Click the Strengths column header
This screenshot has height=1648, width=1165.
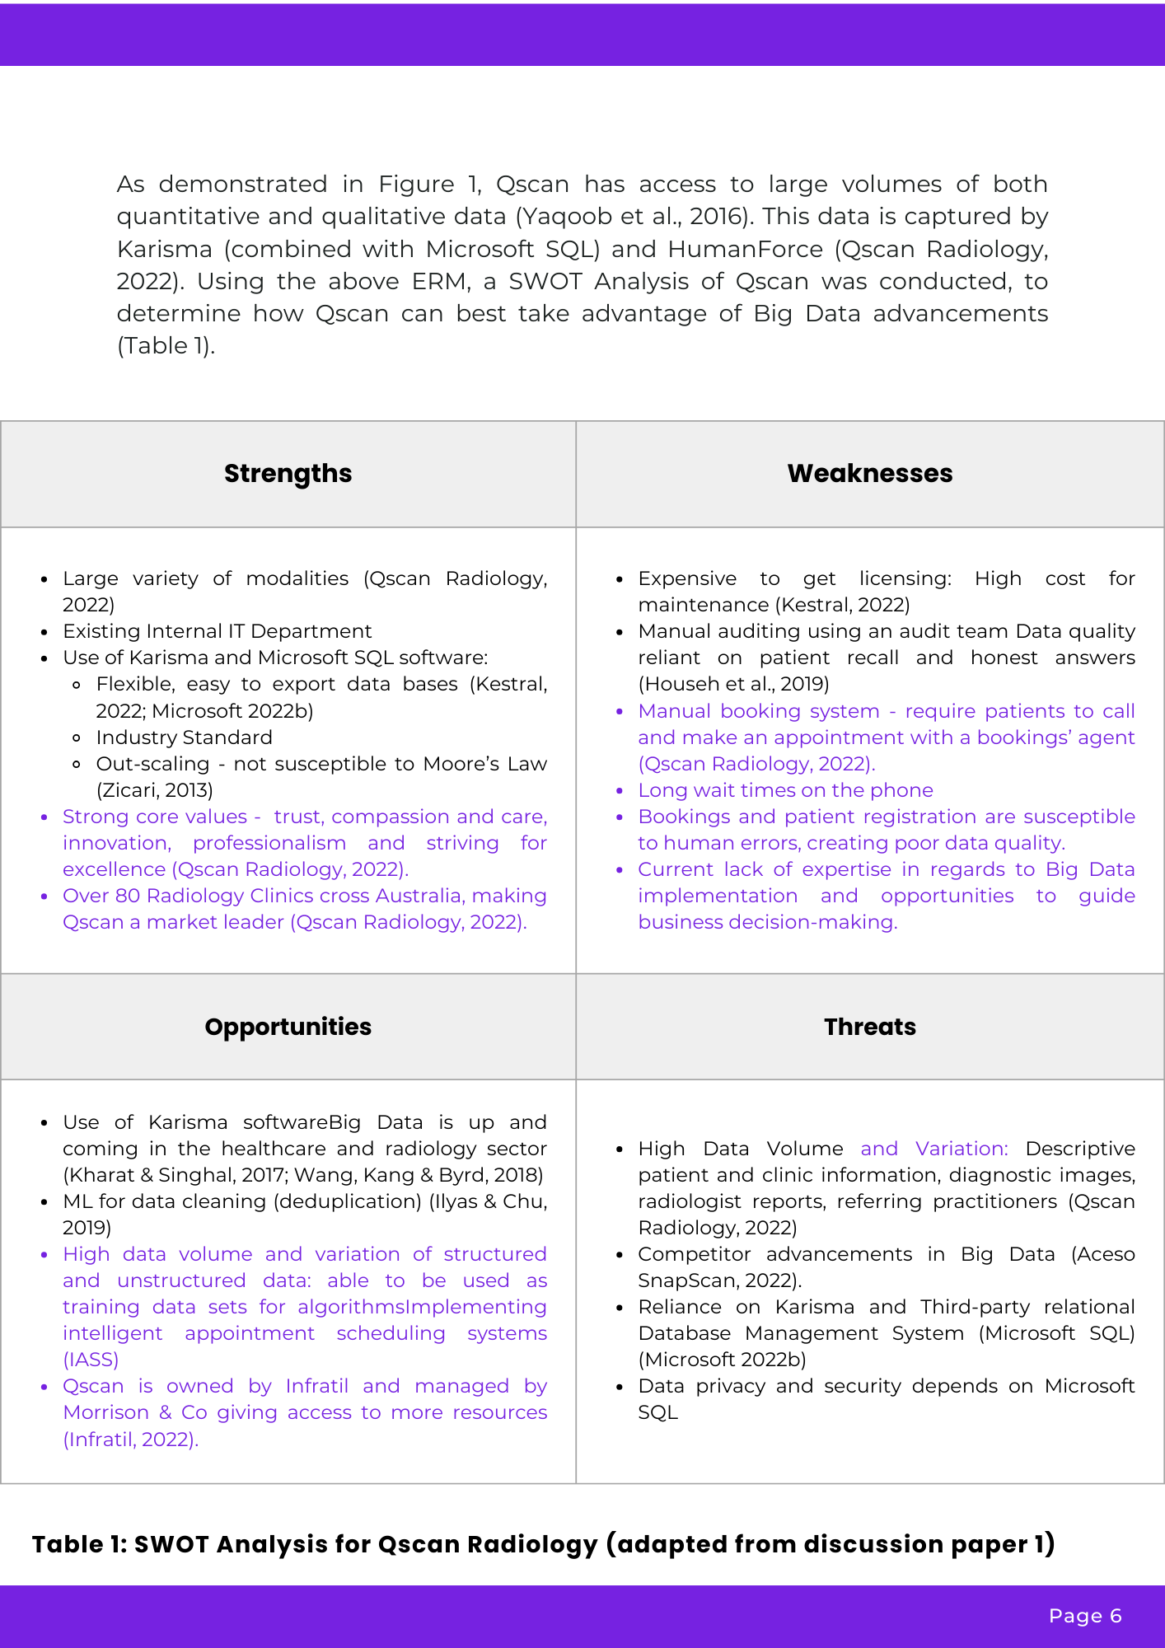[x=288, y=474]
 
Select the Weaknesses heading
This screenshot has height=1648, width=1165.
[x=869, y=474]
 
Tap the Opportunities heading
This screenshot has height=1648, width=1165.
[x=288, y=1027]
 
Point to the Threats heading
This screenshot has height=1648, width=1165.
[x=869, y=1027]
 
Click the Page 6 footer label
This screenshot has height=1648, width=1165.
[x=1084, y=1616]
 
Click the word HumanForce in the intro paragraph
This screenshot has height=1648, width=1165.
[x=745, y=249]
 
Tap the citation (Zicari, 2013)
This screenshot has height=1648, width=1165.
[x=155, y=790]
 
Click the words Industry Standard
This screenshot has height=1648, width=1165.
[x=184, y=737]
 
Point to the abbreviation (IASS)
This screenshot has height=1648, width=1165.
[x=91, y=1360]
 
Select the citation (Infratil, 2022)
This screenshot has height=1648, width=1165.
[x=131, y=1439]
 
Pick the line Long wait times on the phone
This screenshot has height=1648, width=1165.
[x=785, y=790]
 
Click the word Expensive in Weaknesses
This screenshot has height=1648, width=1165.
[x=687, y=578]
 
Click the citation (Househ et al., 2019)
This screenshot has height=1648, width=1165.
[x=733, y=684]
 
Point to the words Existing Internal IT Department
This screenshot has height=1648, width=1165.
[x=218, y=631]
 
